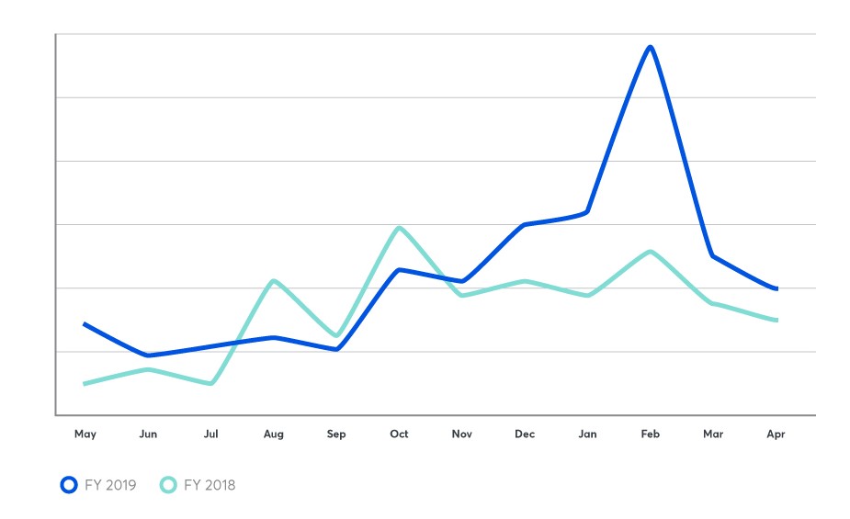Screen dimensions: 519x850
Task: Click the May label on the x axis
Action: click(x=85, y=434)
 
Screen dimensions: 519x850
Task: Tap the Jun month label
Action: click(x=148, y=434)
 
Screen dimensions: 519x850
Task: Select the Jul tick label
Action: click(x=210, y=434)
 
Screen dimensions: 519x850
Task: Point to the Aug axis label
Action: click(x=273, y=434)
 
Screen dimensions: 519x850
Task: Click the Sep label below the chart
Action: click(x=336, y=434)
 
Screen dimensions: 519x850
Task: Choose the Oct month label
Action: click(x=399, y=434)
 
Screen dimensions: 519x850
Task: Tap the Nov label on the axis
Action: click(x=461, y=434)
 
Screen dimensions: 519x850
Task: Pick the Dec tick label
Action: click(x=525, y=434)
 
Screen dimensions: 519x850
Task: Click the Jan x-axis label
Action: click(x=587, y=434)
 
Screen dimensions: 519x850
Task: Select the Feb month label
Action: click(x=651, y=434)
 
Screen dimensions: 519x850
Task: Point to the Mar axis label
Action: click(x=713, y=434)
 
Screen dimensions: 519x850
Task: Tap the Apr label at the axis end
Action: click(x=776, y=434)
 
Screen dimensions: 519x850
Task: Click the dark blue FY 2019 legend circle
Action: click(x=68, y=485)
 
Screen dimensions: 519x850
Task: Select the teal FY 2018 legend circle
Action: click(x=168, y=485)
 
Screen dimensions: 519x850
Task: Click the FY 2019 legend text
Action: click(x=109, y=485)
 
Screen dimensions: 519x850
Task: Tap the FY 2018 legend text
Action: click(x=210, y=485)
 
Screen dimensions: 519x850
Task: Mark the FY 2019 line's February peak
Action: click(x=651, y=47)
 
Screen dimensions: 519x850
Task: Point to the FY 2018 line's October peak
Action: click(x=399, y=227)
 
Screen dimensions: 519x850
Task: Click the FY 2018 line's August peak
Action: click(x=273, y=280)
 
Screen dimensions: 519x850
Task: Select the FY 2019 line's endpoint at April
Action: click(x=776, y=288)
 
